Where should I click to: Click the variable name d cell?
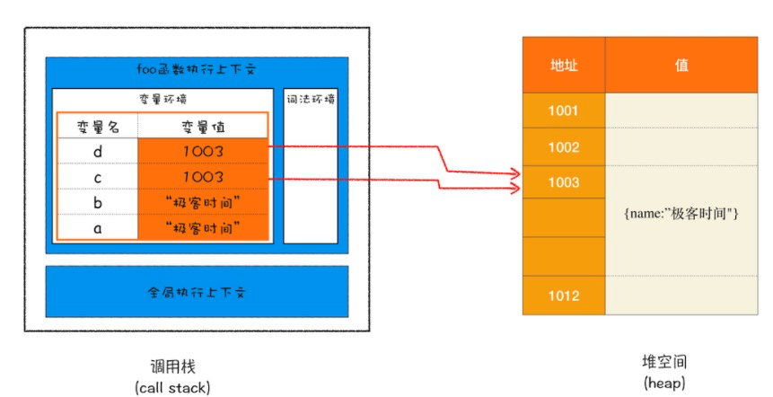click(x=98, y=151)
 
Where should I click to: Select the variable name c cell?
click(x=98, y=177)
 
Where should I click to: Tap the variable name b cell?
click(x=98, y=202)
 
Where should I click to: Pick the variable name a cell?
click(x=98, y=227)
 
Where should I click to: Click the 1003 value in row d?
click(x=203, y=151)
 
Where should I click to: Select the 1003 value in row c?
click(x=203, y=177)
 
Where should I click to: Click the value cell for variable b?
click(x=203, y=202)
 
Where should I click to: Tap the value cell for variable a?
click(x=203, y=227)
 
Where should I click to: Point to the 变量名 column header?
click(x=98, y=127)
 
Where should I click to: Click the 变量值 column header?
click(x=203, y=127)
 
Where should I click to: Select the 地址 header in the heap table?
click(x=564, y=65)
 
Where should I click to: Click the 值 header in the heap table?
click(x=681, y=65)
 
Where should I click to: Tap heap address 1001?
click(x=564, y=110)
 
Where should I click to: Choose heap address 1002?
click(x=564, y=147)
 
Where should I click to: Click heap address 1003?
click(x=564, y=182)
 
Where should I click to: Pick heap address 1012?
click(x=564, y=296)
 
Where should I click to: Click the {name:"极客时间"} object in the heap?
click(x=681, y=214)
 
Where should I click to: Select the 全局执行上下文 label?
click(x=197, y=292)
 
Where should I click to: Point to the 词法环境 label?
click(x=311, y=99)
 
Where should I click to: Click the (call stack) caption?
click(x=172, y=388)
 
